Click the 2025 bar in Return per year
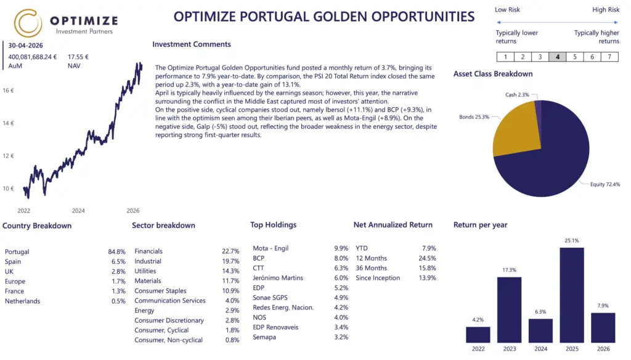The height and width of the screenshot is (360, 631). point(571,295)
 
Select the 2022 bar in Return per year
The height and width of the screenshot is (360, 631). point(478,335)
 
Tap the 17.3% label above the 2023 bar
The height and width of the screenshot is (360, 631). point(509,270)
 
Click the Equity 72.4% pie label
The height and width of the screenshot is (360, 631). point(605,184)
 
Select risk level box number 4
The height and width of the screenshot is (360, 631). point(557,57)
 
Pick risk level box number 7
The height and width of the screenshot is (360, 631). point(609,57)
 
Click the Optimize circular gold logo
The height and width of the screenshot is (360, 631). point(28,23)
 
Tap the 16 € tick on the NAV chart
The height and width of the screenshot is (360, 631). point(8,91)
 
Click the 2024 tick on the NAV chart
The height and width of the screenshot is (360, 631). point(78,211)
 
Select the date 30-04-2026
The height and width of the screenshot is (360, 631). point(25,46)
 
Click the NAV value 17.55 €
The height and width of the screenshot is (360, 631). point(78,57)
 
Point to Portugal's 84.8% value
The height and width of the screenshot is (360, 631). point(116,252)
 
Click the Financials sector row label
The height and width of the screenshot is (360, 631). point(149,252)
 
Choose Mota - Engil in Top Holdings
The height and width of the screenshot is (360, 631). point(271,248)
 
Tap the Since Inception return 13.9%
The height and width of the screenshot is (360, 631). point(428,278)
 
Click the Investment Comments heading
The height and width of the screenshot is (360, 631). point(192,44)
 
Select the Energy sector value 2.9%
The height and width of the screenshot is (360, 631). point(232,311)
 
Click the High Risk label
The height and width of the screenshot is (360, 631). point(606,10)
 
